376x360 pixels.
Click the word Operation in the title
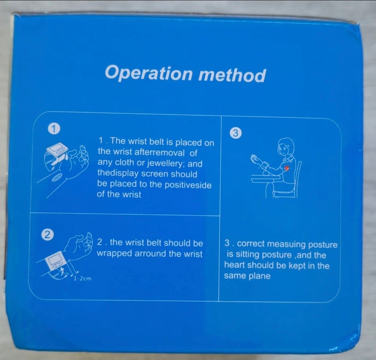pyautogui.click(x=149, y=73)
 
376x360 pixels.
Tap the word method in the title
pyautogui.click(x=232, y=75)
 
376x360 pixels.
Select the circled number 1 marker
pyautogui.click(x=54, y=129)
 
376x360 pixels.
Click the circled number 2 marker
pyautogui.click(x=47, y=235)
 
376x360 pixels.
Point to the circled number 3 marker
pyautogui.click(x=235, y=133)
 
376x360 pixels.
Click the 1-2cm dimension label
pyautogui.click(x=83, y=279)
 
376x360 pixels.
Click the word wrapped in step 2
pyautogui.click(x=115, y=254)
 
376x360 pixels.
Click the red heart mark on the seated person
pyautogui.click(x=287, y=168)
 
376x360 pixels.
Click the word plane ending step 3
pyautogui.click(x=259, y=276)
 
